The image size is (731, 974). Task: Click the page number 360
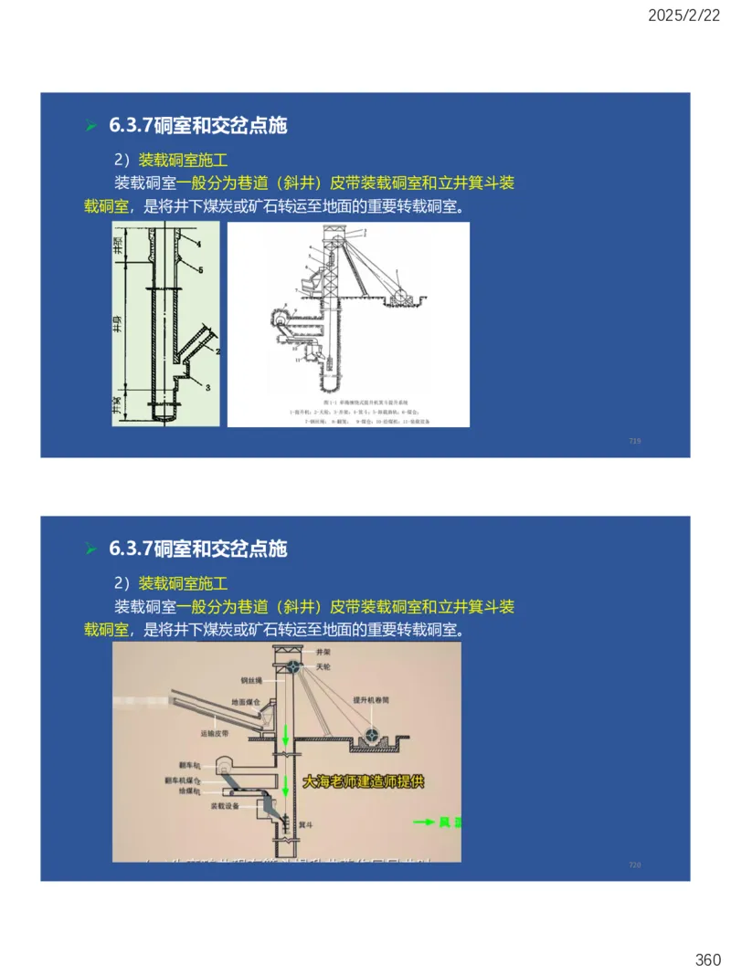(708, 959)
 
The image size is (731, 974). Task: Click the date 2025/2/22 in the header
(685, 15)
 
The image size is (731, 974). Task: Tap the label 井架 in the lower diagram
(323, 654)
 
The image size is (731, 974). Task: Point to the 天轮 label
(323, 668)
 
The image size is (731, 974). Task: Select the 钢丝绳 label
(251, 680)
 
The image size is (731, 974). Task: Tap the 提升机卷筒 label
(371, 701)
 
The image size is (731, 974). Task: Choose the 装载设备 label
(227, 807)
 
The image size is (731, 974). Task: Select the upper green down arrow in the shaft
(284, 733)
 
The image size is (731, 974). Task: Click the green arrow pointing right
(423, 822)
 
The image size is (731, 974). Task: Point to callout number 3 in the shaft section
(207, 387)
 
